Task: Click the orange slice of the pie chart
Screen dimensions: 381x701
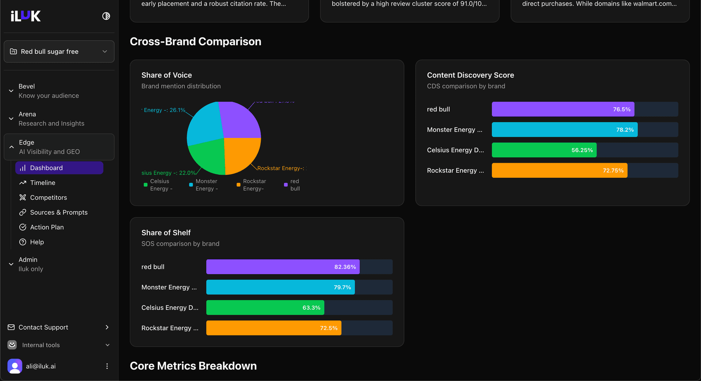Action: [x=241, y=153]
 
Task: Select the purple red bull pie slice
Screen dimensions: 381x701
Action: [x=239, y=120]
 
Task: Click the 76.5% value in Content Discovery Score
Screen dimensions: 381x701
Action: [x=621, y=109]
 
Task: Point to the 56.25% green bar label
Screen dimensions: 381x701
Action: [x=582, y=150]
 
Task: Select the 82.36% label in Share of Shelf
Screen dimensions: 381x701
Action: [x=345, y=267]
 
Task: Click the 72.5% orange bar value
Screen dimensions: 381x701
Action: [x=328, y=328]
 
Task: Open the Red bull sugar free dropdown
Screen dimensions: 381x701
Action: [x=59, y=51]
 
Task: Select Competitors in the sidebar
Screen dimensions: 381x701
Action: [x=48, y=197]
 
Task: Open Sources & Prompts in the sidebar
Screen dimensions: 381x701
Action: [x=58, y=212]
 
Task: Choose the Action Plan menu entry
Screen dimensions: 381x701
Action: [x=47, y=227]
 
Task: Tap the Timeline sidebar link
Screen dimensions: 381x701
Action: [x=42, y=183]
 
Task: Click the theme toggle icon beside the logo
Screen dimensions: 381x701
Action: [x=106, y=16]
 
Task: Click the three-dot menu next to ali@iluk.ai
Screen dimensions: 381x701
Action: [x=107, y=366]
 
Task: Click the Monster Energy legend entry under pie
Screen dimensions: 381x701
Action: [x=204, y=185]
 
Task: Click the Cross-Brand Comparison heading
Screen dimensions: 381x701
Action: [x=195, y=42]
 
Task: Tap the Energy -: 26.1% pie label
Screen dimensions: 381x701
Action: [x=164, y=110]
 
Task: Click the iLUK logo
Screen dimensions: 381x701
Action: [x=26, y=16]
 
